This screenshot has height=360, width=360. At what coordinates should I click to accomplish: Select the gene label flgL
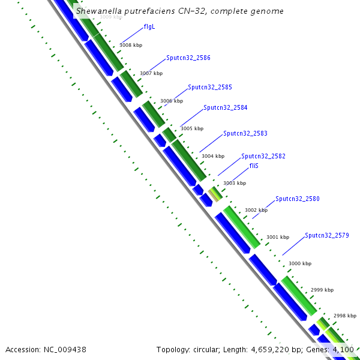tap(149, 27)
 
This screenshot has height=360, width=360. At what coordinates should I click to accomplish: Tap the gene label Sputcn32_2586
tap(188, 58)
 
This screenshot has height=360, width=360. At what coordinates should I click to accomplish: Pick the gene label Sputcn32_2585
tap(210, 87)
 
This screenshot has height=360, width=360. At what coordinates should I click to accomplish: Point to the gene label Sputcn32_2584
tap(225, 107)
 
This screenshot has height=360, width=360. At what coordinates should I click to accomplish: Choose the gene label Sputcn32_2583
tap(245, 133)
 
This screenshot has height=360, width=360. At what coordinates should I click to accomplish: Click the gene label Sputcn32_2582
tap(263, 156)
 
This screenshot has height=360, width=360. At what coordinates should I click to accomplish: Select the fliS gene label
tap(254, 166)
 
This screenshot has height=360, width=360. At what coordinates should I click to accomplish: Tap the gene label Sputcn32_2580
tap(298, 199)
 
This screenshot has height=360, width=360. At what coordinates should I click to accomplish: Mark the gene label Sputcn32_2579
tap(326, 235)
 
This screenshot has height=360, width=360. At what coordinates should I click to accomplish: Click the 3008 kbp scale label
tap(131, 45)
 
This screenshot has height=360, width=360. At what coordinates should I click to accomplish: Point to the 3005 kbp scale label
tap(192, 128)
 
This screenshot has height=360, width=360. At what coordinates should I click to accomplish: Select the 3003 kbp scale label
tap(235, 183)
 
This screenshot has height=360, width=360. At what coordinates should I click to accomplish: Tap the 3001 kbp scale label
tap(278, 237)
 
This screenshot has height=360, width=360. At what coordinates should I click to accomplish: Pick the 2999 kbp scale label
tap(322, 290)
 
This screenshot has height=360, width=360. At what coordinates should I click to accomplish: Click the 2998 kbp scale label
tap(344, 316)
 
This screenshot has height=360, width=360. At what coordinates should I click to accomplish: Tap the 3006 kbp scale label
tap(171, 101)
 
